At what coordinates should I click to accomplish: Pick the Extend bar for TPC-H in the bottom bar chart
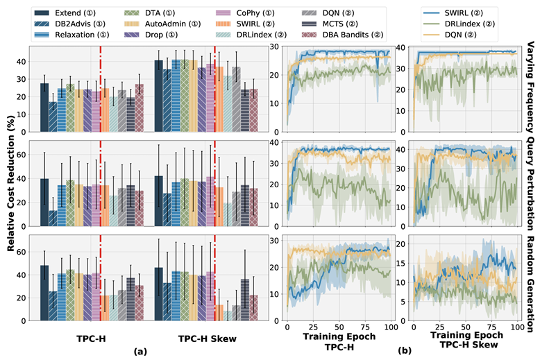click(44, 293)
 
